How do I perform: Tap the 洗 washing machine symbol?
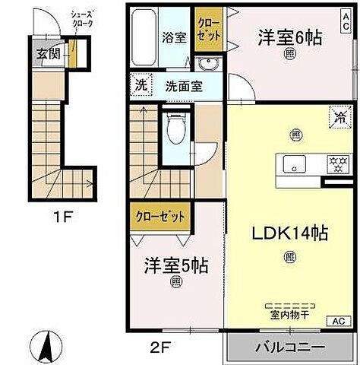click(141, 84)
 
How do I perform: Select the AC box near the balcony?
click(336, 320)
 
